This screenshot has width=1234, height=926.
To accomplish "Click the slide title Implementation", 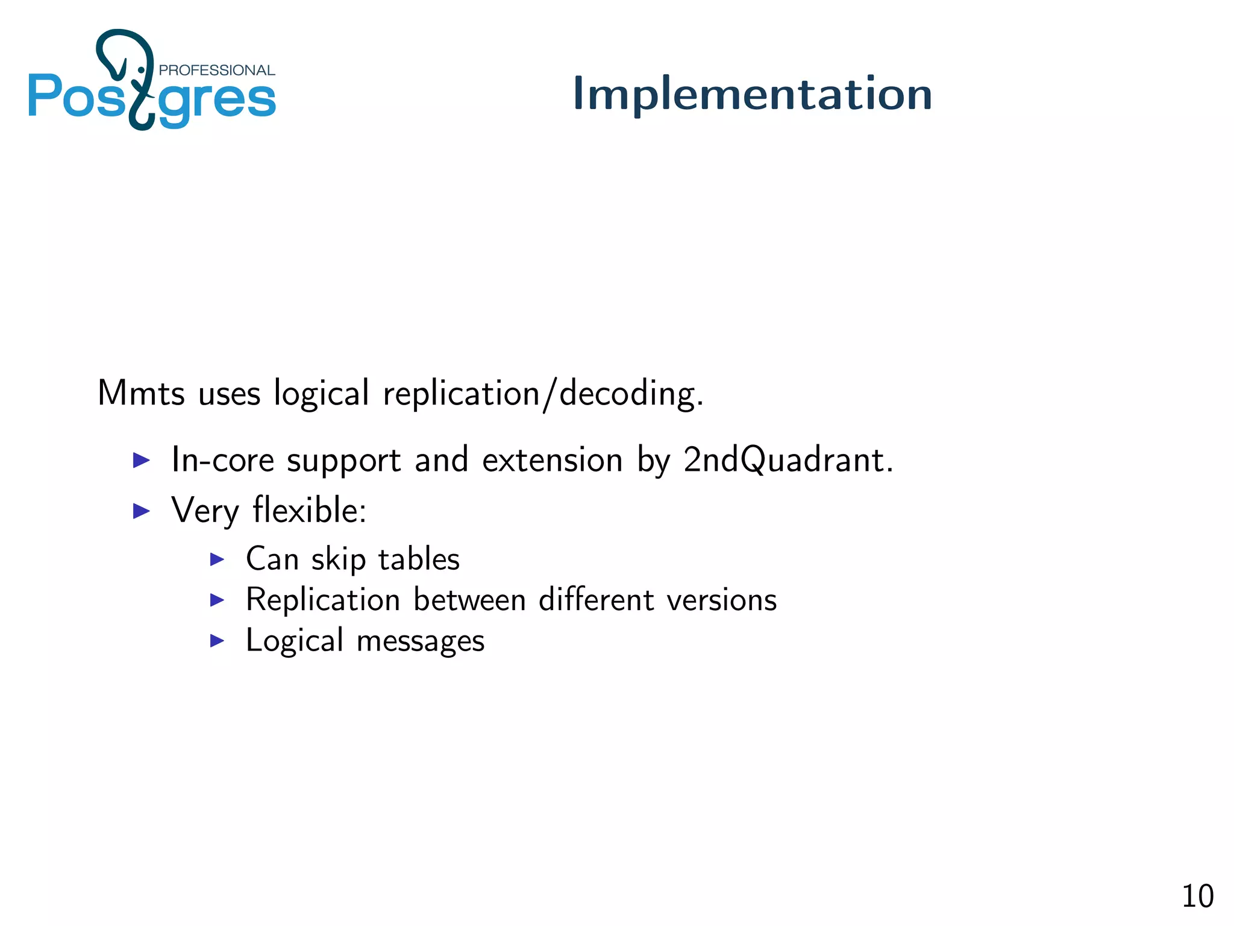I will pos(752,93).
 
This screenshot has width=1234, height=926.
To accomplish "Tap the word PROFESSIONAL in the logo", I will pos(216,71).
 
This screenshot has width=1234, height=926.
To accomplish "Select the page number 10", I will pos(1197,896).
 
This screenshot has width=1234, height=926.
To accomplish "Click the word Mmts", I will pos(141,393).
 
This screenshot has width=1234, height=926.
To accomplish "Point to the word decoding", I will pos(630,394).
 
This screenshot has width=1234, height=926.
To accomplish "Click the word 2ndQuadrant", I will pos(787,460).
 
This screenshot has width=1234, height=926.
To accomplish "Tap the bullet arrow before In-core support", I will pos(141,461).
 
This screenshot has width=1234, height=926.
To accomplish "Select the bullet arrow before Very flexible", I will pos(141,511).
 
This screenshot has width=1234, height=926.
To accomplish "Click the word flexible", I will pos(308,510).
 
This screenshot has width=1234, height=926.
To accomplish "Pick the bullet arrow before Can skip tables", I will pos(217,559).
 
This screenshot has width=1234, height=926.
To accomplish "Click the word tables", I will pos(419,559).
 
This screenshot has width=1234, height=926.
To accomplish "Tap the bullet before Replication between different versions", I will pos(217,600).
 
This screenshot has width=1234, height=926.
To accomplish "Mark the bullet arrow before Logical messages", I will pos(217,640).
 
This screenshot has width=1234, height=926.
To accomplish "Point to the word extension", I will pos(552,460).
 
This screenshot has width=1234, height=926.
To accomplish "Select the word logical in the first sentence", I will pos(321,394).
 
